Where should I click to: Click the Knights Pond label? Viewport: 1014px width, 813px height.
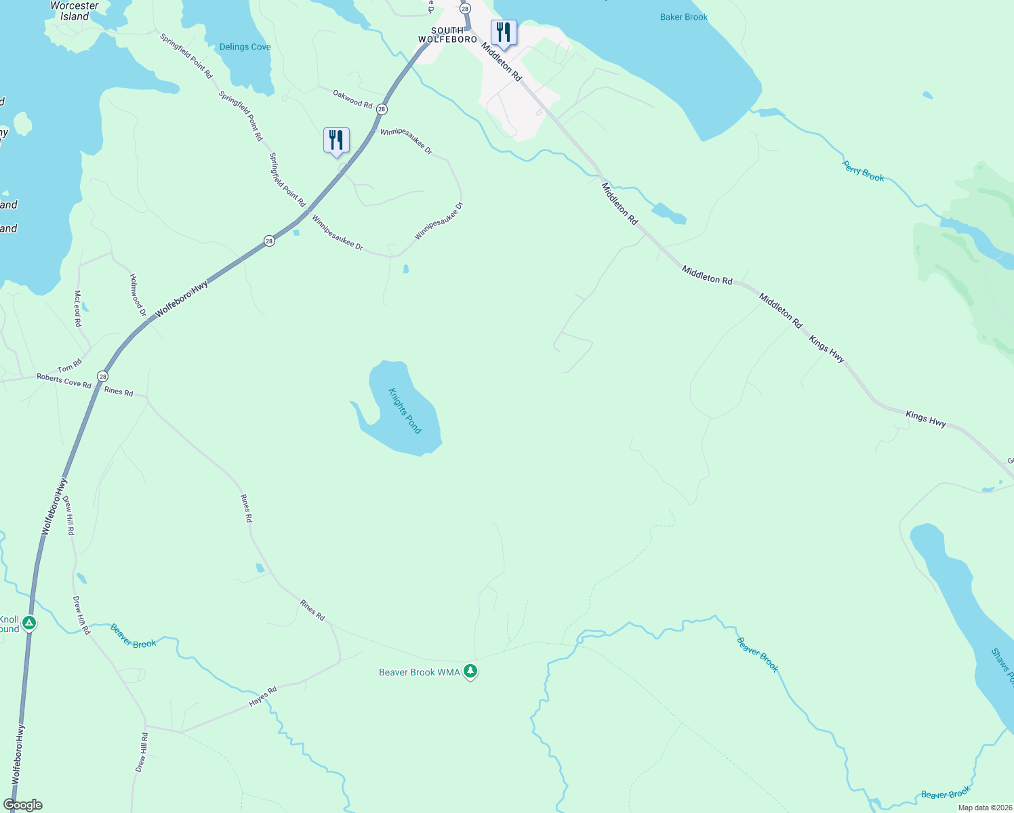coord(405,411)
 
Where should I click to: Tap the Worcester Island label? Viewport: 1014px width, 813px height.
coord(75,11)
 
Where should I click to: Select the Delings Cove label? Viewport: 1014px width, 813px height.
coord(245,47)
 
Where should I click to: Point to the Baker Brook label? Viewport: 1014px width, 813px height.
coord(683,17)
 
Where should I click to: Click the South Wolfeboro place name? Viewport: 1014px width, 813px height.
coord(447,35)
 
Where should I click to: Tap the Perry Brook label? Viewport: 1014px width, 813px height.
coord(863,171)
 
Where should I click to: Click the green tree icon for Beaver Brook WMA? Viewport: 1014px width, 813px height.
coord(470,671)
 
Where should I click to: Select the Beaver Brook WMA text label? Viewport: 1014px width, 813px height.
coord(419,672)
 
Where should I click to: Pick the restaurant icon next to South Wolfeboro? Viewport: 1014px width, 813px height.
coord(503,33)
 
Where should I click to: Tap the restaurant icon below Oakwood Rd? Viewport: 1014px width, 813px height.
coord(336,140)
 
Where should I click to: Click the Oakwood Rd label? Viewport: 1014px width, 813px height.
coord(352,99)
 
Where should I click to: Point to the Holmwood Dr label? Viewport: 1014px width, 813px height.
coord(138,295)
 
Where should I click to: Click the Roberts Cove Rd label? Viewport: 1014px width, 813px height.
coord(64,381)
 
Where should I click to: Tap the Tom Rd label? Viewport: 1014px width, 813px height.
coord(69,367)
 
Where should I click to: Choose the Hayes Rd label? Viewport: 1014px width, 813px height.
coord(263,696)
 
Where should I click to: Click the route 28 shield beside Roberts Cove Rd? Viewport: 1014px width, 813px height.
coord(102,376)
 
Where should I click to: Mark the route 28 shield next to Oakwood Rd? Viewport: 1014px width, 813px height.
coord(382,109)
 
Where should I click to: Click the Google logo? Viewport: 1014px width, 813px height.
coord(23,804)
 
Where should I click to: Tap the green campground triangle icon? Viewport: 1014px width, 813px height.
coord(28,623)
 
